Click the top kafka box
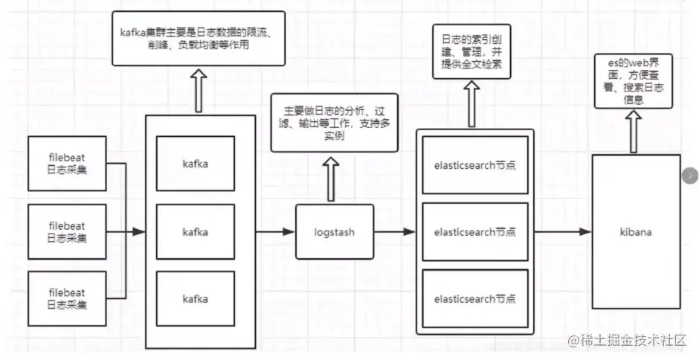195,164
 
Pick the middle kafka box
195,232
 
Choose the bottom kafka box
195,299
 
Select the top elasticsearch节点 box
474,164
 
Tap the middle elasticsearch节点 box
474,232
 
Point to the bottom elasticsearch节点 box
474,299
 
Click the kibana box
637,232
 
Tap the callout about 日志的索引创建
471,51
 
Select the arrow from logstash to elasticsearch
393,232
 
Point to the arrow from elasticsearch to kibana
562,232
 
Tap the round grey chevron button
690,176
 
